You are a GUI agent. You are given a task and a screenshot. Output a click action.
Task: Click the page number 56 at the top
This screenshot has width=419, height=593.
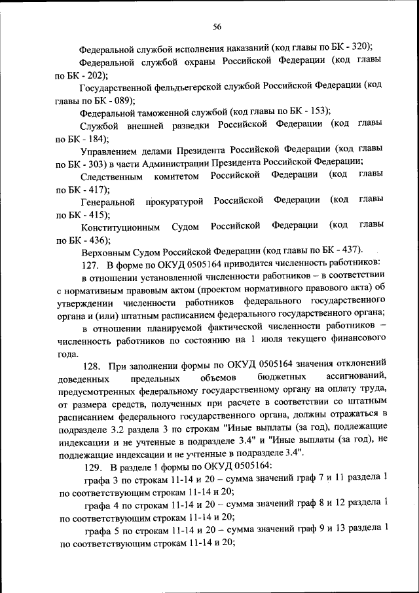(x=217, y=26)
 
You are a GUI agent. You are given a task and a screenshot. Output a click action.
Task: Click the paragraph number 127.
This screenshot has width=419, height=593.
(x=90, y=264)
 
